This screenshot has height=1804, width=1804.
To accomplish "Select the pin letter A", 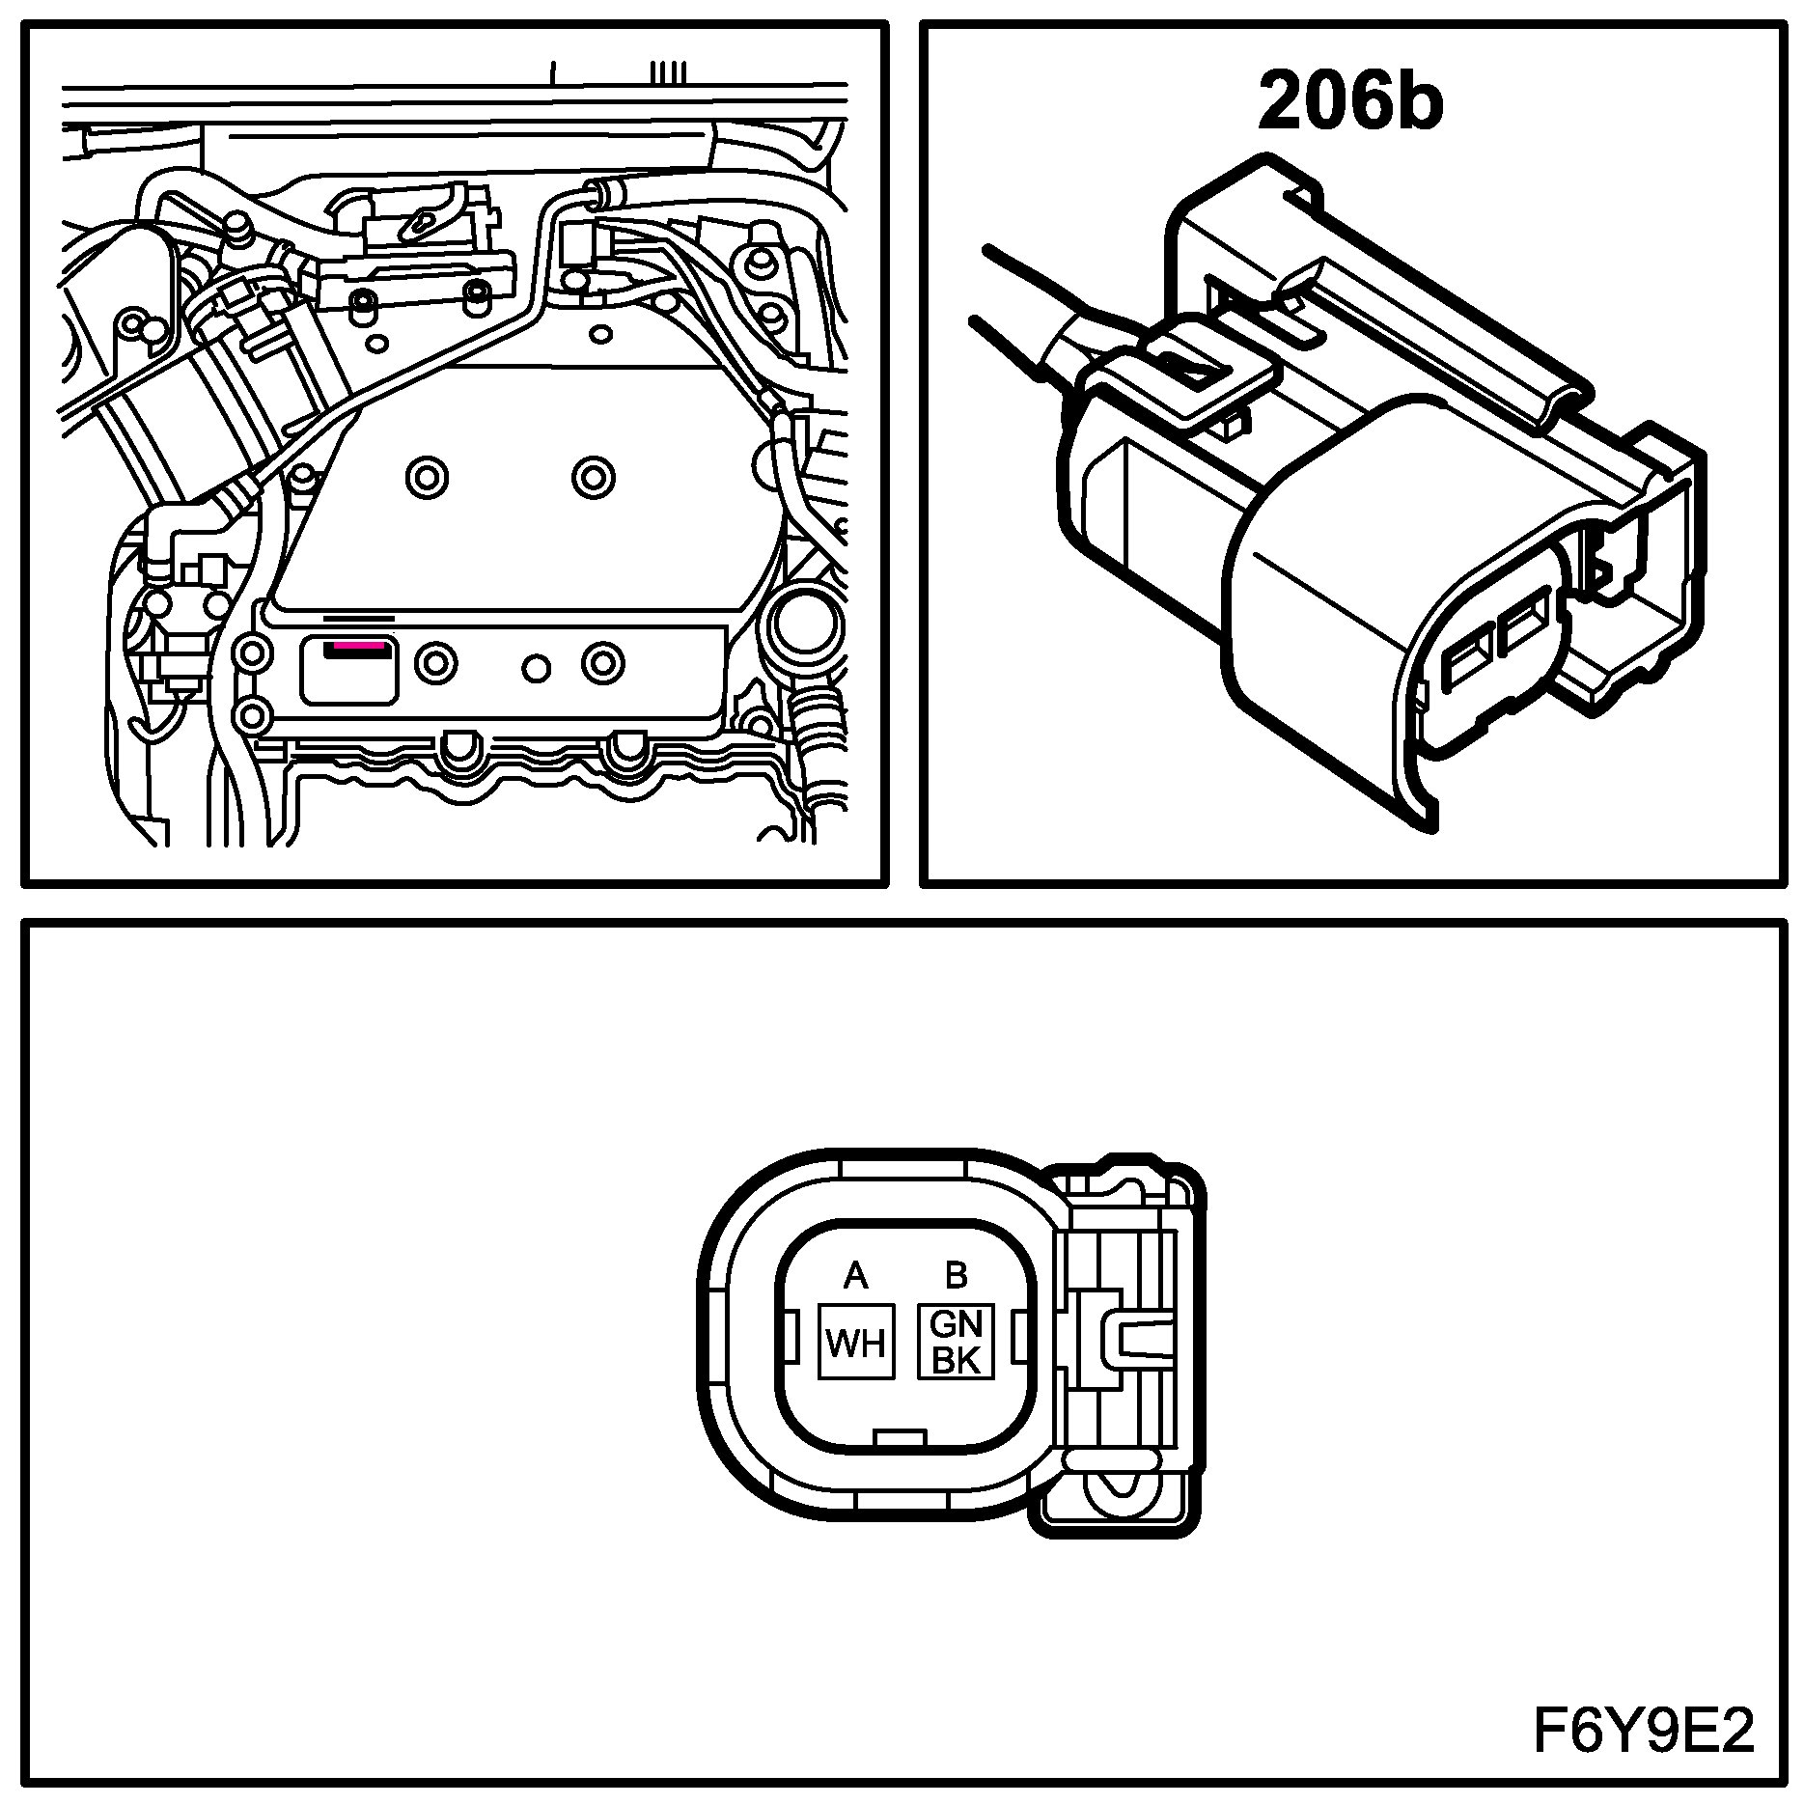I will click(855, 1277).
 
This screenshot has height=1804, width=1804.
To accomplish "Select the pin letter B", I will click(956, 1276).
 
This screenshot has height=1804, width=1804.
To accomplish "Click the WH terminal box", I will click(856, 1343).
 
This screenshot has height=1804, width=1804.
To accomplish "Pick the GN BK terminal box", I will click(956, 1342).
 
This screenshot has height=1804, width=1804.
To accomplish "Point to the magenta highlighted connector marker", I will click(358, 644).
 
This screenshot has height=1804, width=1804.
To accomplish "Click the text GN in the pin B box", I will click(956, 1324).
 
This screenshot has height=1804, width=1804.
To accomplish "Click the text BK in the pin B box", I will click(956, 1360).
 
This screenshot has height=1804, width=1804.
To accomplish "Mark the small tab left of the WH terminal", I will click(789, 1339).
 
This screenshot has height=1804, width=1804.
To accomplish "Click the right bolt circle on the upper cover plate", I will click(593, 476).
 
